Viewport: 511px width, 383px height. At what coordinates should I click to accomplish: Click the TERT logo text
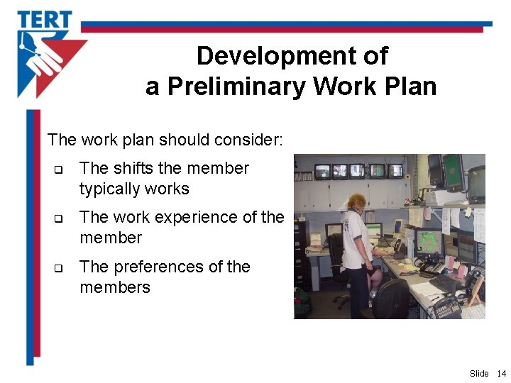pyautogui.click(x=45, y=19)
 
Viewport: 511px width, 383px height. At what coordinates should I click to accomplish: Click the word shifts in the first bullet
pyautogui.click(x=138, y=169)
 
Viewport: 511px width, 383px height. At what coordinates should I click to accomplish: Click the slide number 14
pyautogui.click(x=501, y=373)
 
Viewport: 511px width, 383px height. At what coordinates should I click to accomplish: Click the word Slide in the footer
pyautogui.click(x=479, y=373)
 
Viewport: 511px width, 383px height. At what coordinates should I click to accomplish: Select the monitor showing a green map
pyautogui.click(x=429, y=241)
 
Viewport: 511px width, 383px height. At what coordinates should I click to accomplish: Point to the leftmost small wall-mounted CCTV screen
pyautogui.click(x=323, y=171)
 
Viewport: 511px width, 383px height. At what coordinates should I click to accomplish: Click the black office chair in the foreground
pyautogui.click(x=391, y=299)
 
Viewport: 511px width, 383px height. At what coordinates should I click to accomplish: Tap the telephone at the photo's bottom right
pyautogui.click(x=447, y=308)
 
